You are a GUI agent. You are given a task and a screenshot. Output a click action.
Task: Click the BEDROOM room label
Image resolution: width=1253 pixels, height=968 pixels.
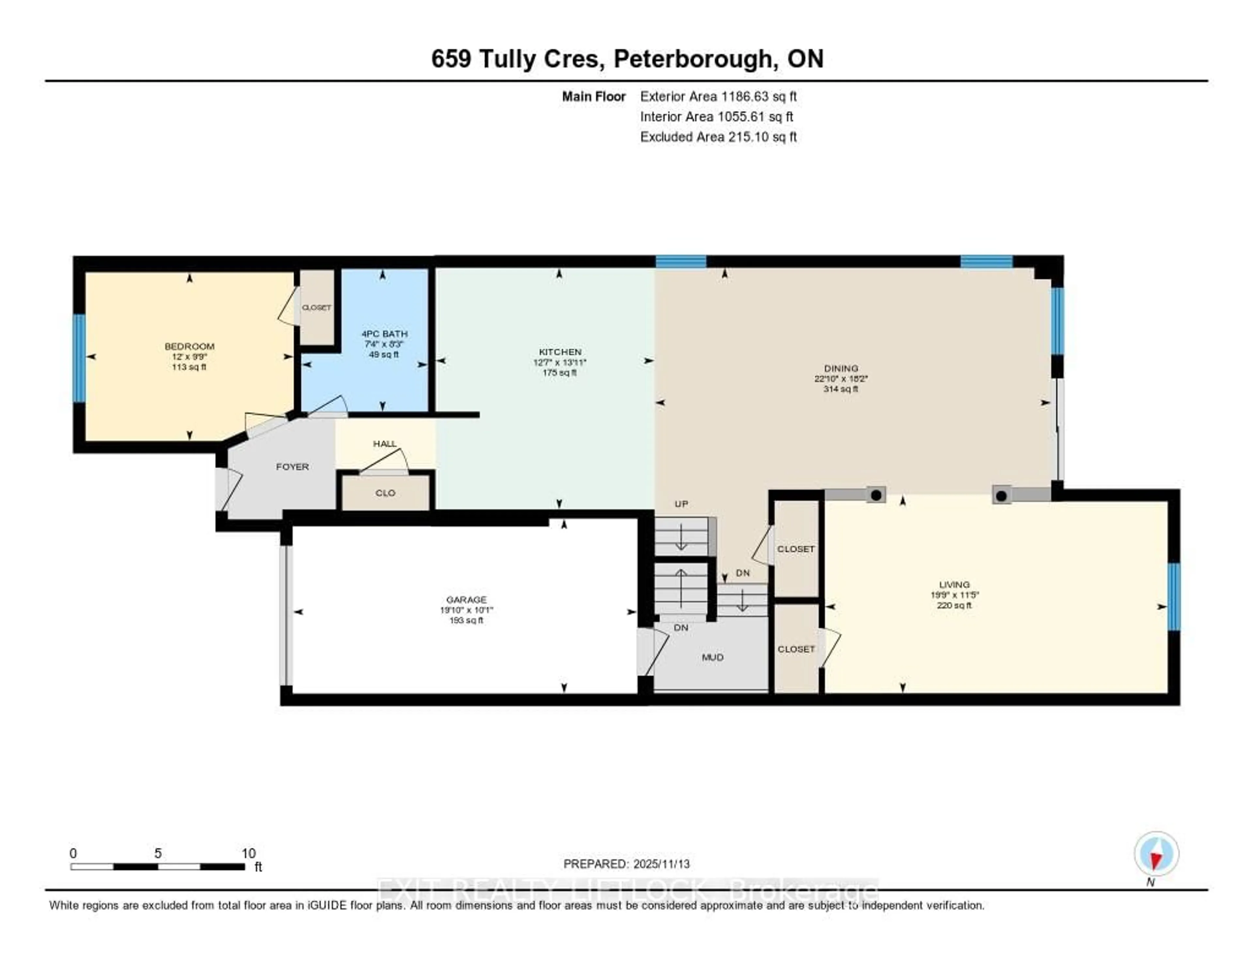(189, 346)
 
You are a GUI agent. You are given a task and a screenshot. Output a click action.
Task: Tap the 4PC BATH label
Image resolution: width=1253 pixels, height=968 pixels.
(384, 333)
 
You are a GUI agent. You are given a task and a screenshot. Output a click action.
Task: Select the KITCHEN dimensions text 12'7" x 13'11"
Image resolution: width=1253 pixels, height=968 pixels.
(559, 362)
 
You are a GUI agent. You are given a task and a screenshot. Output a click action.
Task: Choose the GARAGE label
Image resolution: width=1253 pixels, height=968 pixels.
(466, 600)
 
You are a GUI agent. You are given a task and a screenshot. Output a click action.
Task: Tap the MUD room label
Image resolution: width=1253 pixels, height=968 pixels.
(713, 657)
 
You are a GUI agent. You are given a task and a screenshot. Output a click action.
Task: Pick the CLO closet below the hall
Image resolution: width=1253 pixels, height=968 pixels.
(385, 493)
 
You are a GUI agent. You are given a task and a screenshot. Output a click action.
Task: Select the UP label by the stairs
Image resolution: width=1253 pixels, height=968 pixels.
(681, 504)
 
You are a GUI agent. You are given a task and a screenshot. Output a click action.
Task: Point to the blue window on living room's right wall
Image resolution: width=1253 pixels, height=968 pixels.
(1174, 597)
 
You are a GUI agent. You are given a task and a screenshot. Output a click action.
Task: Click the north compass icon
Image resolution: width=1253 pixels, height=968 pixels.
(1156, 854)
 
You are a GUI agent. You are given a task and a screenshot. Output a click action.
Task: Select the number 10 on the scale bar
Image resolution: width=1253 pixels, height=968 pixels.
(248, 853)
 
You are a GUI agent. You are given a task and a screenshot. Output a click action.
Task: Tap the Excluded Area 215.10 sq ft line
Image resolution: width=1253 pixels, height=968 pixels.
(718, 136)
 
